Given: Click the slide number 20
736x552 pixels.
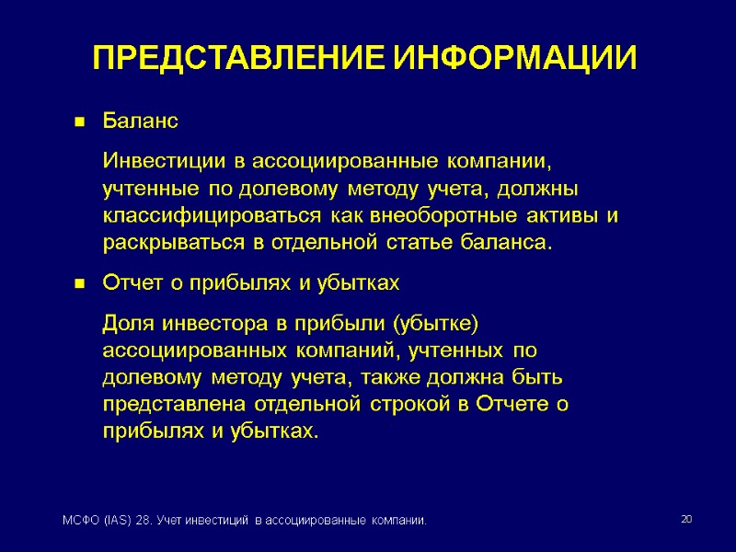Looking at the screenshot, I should [685, 521].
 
